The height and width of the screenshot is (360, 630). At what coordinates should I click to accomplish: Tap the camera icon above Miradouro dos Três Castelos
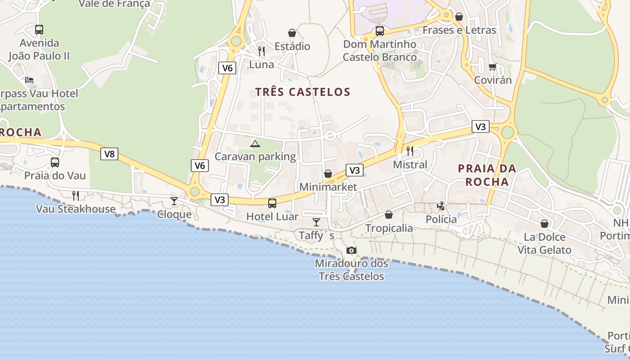tap(351, 250)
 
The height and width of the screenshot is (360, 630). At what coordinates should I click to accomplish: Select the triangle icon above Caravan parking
tap(255, 144)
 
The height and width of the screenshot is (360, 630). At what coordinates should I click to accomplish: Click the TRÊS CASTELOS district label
tap(302, 92)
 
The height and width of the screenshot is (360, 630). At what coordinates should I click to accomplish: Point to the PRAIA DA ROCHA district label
tap(487, 175)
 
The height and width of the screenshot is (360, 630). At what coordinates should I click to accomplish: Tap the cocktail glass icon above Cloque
tap(174, 201)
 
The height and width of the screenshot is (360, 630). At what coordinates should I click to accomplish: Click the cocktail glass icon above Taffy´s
tap(316, 222)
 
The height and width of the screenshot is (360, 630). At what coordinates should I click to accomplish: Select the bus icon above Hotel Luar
tap(272, 203)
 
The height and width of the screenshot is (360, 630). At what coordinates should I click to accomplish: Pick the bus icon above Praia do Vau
tap(55, 162)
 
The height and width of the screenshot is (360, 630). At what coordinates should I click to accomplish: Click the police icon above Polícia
tap(441, 206)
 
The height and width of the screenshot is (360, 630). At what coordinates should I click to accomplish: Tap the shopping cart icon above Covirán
tap(492, 67)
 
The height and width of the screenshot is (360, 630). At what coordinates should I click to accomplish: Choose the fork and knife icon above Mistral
tap(410, 151)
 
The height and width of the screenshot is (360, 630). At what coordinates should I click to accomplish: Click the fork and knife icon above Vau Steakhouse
tap(76, 195)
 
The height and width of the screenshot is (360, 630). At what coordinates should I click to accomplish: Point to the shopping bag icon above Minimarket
tap(328, 174)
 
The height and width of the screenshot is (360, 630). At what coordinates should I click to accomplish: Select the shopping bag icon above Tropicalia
tap(389, 215)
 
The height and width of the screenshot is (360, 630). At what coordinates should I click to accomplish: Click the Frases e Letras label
tap(459, 30)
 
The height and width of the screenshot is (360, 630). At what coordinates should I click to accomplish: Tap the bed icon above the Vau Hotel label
tap(29, 80)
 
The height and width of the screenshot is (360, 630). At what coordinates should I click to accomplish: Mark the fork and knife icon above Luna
tap(261, 51)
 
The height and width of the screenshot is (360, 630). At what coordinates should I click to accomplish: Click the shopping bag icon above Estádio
tap(292, 33)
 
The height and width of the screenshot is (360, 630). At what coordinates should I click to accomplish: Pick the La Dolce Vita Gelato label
tap(544, 243)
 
